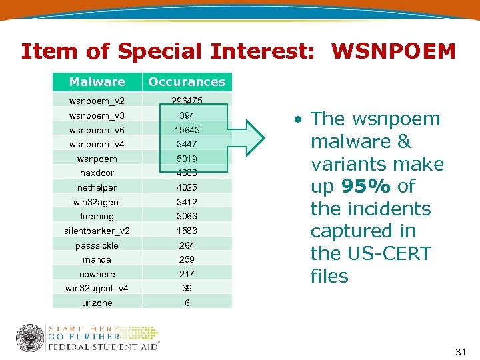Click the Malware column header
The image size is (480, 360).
click(97, 82)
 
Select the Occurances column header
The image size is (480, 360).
click(187, 82)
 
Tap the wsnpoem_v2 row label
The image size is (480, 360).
click(97, 101)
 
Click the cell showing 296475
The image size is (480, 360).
click(187, 101)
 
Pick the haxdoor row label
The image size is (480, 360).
click(97, 173)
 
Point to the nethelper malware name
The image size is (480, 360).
click(97, 188)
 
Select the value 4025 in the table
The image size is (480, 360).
click(187, 188)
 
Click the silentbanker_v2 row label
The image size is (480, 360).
click(97, 231)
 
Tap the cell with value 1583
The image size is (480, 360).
click(187, 231)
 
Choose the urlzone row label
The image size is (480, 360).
click(97, 303)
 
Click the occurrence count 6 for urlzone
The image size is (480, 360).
click(187, 303)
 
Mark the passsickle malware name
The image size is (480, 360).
click(97, 245)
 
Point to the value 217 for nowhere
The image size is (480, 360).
click(187, 274)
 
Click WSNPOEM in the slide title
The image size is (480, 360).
click(393, 51)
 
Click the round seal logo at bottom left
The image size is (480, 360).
click(30, 338)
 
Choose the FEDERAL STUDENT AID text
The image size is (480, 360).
click(103, 347)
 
